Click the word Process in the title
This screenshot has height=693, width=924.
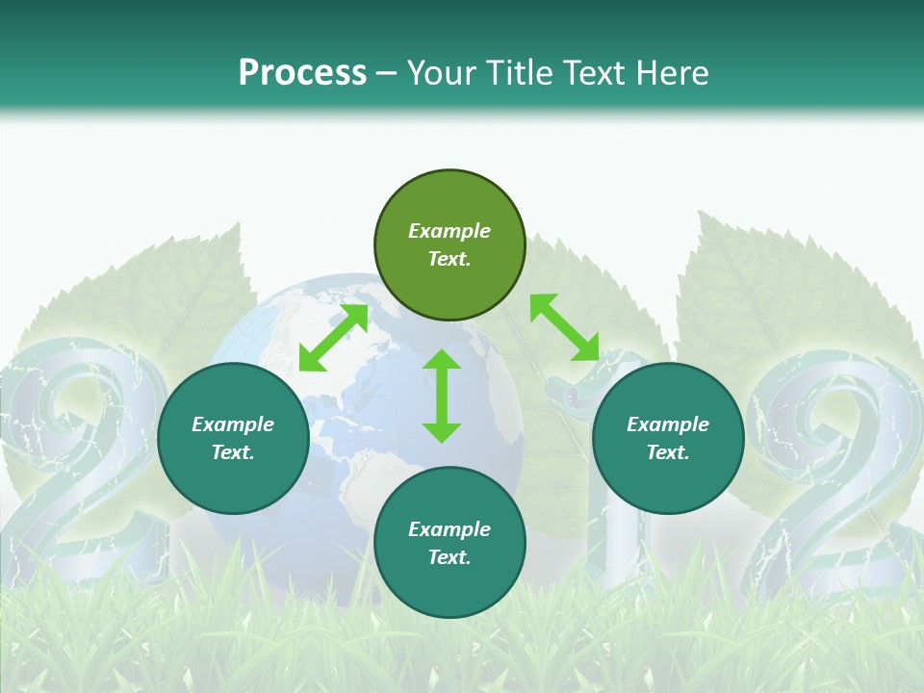coord(302,73)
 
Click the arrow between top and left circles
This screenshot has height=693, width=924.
coord(333,337)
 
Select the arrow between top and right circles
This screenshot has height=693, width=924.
coord(564,327)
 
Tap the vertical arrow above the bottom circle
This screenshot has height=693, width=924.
coord(442,397)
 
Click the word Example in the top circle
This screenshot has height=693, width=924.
coord(449,231)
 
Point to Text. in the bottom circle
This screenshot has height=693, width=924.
coord(449,557)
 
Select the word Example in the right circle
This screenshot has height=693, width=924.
coord(668,424)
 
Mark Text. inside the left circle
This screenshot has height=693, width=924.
coord(233,452)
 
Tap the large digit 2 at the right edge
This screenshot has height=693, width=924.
coord(837,462)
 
